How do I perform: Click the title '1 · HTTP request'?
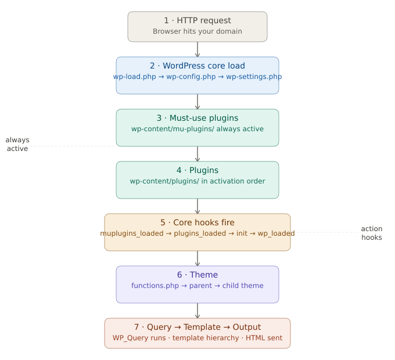point(198,21)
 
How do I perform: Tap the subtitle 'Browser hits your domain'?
point(198,31)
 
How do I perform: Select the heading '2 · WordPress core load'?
point(198,66)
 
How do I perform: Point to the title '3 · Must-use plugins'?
point(198,118)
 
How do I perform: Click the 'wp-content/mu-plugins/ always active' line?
point(198,129)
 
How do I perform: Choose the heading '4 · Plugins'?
point(198,170)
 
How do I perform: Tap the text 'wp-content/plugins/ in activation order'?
point(198,181)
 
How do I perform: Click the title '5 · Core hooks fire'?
point(198,222)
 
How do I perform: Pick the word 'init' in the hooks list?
point(242,233)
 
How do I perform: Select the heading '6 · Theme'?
point(198,275)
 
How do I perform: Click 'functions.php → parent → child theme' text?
point(198,286)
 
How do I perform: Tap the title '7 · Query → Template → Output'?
point(198,327)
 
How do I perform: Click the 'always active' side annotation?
point(17,144)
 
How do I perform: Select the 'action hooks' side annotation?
point(372,233)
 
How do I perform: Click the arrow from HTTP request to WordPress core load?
point(198,49)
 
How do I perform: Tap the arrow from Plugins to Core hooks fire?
point(198,206)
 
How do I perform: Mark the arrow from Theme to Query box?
point(198,311)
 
